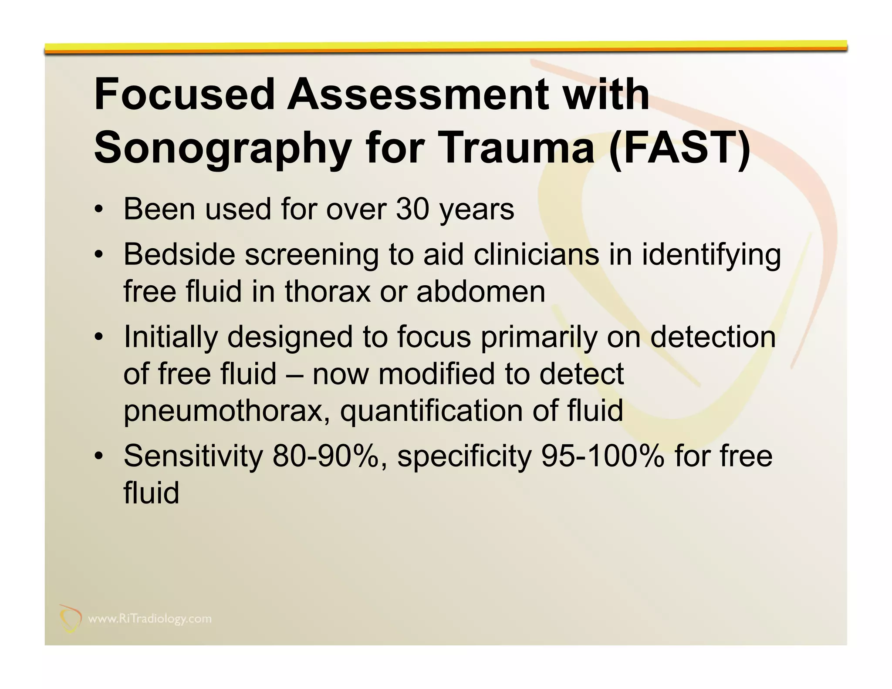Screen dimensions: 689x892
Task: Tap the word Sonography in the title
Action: pyautogui.click(x=222, y=148)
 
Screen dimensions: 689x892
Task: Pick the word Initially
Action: pyautogui.click(x=170, y=338)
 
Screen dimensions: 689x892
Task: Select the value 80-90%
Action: pyautogui.click(x=329, y=456)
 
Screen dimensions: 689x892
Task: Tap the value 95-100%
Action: pyautogui.click(x=603, y=456)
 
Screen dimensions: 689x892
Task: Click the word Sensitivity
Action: pyautogui.click(x=193, y=456)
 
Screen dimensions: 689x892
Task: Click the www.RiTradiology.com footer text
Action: pyautogui.click(x=150, y=619)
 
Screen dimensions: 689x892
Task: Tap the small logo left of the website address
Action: pyautogui.click(x=71, y=618)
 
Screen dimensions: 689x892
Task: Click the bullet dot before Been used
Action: pyautogui.click(x=99, y=210)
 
